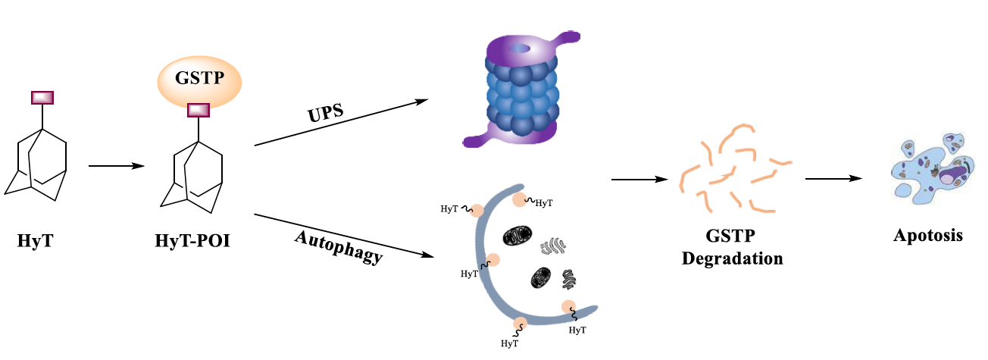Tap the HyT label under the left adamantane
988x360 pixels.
point(35,242)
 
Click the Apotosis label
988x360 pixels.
point(928,235)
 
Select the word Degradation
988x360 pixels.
point(732,258)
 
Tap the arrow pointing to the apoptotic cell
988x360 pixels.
point(833,179)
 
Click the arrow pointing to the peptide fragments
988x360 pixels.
point(639,180)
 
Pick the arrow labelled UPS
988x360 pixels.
point(341,122)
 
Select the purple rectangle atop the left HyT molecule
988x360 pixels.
point(42,97)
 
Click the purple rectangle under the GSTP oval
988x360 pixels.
point(199,110)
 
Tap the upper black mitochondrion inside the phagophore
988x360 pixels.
point(519,236)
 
